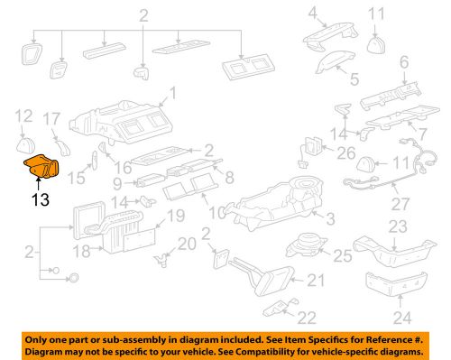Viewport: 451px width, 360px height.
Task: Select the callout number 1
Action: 173,95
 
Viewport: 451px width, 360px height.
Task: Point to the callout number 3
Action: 329,217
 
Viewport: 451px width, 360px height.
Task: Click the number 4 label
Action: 314,14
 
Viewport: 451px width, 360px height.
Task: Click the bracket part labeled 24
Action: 395,282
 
